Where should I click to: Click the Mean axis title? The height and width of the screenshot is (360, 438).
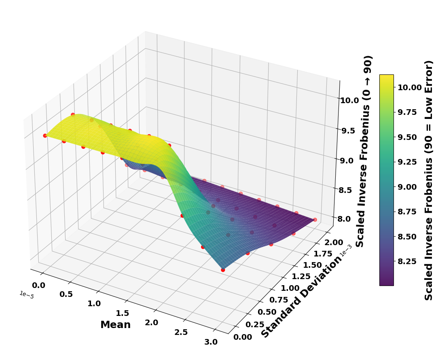pos(115,325)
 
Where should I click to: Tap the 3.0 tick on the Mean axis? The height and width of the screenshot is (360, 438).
pos(211,342)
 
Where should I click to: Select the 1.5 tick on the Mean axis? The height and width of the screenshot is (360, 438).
pos(122,313)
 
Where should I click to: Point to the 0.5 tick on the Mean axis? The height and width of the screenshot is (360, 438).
pos(66,294)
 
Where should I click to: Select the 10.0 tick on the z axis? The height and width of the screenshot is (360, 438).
pos(349,100)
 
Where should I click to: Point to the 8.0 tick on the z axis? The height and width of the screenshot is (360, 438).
pos(349,219)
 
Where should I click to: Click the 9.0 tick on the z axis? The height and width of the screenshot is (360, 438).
pos(349,161)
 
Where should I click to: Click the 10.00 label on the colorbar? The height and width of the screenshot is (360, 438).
pos(410,87)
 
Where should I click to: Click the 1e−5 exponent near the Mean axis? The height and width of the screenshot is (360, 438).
pos(26,295)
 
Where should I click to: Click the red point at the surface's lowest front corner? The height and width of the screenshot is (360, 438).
pos(223,269)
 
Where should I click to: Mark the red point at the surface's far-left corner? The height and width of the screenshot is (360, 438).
pos(45,136)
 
